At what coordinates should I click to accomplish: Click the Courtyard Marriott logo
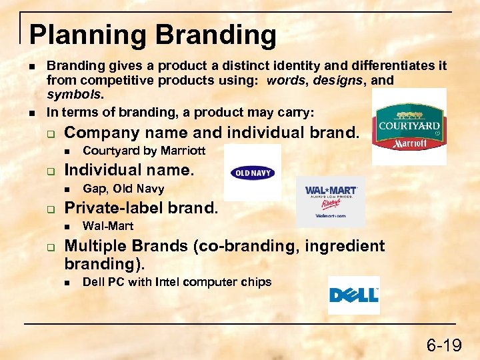409,127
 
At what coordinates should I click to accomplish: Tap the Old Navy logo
252,173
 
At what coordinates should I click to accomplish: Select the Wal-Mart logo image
331,201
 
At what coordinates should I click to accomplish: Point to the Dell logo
354,295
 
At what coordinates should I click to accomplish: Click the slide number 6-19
444,345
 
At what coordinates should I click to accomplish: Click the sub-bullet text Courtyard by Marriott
143,151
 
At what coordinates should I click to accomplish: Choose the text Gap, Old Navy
123,189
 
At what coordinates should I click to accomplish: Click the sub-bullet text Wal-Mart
108,226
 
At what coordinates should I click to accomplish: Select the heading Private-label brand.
141,207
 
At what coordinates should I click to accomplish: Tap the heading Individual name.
129,170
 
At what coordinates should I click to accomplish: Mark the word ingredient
345,246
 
